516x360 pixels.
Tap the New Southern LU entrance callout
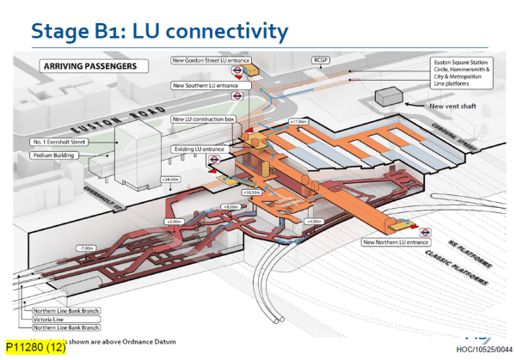[206, 86]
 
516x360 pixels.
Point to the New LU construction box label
[205, 119]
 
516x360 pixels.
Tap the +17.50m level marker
[300, 121]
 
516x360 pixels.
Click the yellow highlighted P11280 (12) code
[34, 348]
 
